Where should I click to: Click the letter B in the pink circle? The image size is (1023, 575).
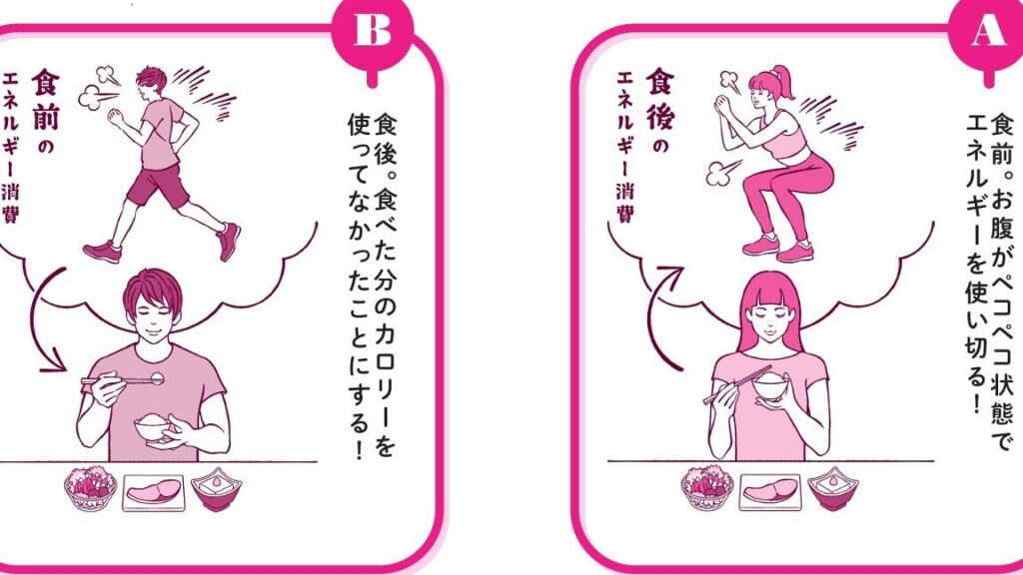coord(373,29)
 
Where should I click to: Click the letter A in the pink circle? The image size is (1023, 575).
coord(989,29)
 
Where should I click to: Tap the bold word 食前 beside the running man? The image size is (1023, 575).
coord(45,100)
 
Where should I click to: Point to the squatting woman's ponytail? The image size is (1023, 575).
coord(782,83)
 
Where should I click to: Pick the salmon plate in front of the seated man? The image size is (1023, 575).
coord(154,492)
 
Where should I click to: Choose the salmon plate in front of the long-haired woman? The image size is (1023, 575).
coord(770,492)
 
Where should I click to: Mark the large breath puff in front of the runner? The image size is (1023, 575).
coord(95,98)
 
